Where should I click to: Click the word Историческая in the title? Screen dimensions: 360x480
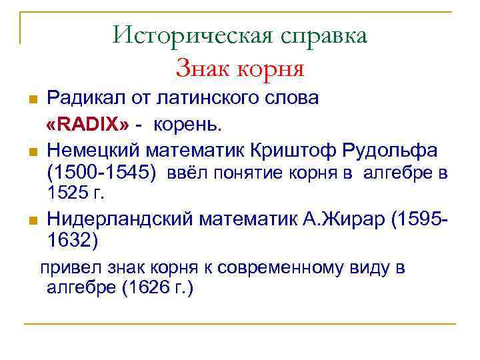[189, 35]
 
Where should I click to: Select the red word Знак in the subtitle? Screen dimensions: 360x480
[199, 67]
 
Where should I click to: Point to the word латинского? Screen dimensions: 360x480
[216, 99]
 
